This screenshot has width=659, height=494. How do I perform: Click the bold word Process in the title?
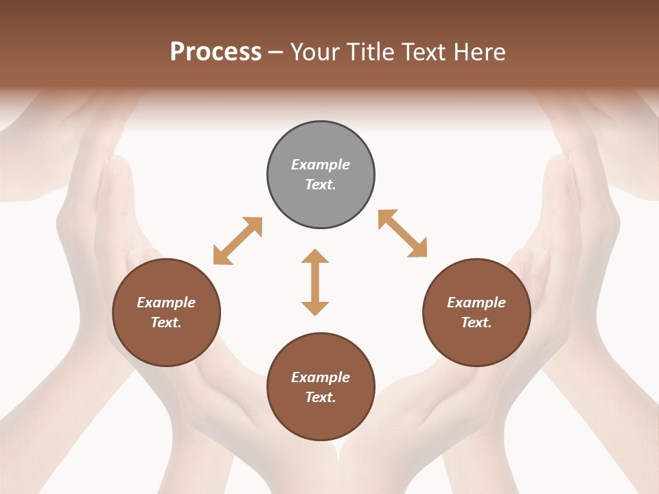[216, 52]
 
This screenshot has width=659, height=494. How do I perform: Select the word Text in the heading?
[426, 52]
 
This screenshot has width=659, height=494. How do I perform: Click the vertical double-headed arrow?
[315, 282]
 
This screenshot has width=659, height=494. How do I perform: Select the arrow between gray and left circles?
[238, 241]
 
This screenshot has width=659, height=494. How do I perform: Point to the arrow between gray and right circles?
[403, 234]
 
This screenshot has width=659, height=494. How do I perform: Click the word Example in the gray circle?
[321, 165]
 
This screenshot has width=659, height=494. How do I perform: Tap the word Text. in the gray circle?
[321, 185]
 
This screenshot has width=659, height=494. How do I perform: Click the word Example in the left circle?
[166, 303]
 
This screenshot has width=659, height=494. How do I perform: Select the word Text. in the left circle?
[166, 322]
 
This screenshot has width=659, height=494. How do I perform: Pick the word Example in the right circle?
[476, 303]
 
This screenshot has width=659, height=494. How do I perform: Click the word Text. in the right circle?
[476, 322]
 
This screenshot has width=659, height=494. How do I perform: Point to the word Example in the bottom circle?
[321, 377]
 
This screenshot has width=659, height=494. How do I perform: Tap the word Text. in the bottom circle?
[321, 397]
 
